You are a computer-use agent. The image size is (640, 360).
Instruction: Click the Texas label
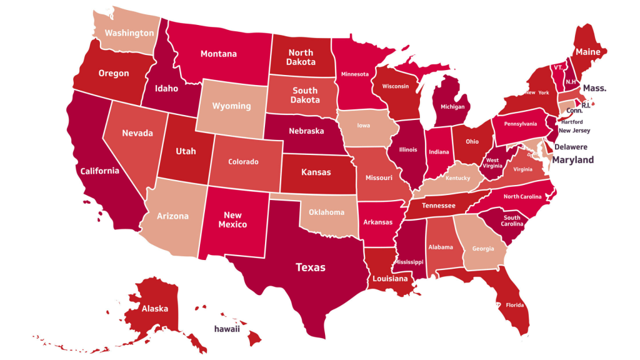click(311, 267)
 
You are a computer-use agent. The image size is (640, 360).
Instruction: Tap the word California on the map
click(99, 171)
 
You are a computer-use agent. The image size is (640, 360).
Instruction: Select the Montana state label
click(219, 54)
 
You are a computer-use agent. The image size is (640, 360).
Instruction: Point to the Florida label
click(515, 306)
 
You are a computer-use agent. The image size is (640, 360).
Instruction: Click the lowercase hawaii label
click(227, 329)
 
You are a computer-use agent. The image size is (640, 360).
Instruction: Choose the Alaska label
click(154, 309)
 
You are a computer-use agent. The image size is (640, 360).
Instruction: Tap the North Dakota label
click(301, 57)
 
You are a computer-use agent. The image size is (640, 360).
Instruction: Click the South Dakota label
click(305, 95)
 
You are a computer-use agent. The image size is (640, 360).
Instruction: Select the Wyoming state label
click(231, 106)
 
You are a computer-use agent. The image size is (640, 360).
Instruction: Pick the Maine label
click(588, 52)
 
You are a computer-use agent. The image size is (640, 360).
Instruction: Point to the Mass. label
click(594, 89)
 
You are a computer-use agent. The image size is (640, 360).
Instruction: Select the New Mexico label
click(232, 219)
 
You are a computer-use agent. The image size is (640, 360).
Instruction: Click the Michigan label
click(452, 107)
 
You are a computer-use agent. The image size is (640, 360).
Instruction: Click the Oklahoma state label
click(326, 212)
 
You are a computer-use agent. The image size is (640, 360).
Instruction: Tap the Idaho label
click(168, 87)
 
